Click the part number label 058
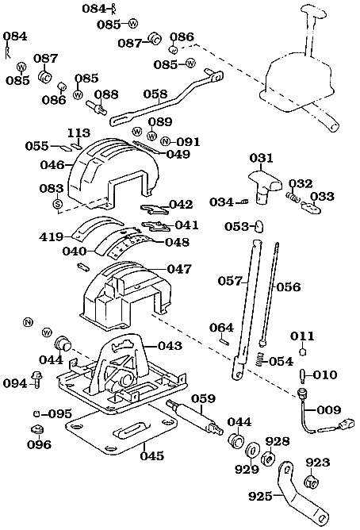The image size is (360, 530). point(155,94)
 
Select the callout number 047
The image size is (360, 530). point(178,270)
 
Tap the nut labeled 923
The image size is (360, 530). point(312,481)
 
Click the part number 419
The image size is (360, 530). point(52,236)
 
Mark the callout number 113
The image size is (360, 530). point(78,132)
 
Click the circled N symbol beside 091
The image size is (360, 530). point(165,142)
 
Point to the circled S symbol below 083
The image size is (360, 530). point(57,205)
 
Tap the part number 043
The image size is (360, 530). point(170,346)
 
